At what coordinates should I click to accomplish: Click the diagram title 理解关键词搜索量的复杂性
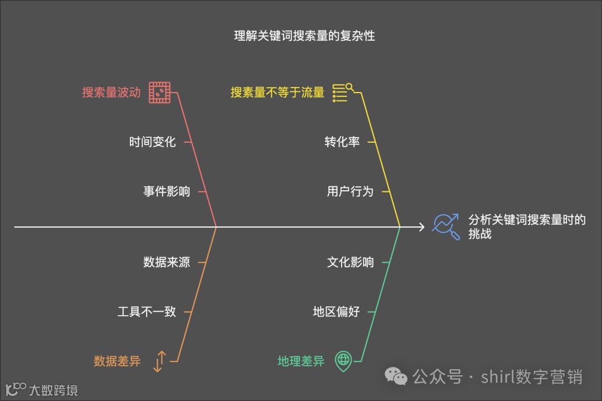304,36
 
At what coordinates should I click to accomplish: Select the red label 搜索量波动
111,93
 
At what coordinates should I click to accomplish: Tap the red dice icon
159,93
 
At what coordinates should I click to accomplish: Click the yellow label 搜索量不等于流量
278,93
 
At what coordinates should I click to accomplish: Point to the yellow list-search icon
343,93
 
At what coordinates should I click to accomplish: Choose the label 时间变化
152,142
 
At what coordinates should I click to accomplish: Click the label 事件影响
167,192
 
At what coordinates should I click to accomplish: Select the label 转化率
342,142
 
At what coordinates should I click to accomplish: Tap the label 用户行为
350,192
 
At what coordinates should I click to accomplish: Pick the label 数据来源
167,262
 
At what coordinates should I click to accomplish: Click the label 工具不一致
147,312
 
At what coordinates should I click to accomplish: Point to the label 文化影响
350,262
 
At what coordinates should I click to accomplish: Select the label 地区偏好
336,312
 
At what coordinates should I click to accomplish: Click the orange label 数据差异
117,361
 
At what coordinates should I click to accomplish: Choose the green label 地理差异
301,361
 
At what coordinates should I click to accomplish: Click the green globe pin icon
343,361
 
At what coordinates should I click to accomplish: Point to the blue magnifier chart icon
446,227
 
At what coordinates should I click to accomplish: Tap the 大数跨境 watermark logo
41,388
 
